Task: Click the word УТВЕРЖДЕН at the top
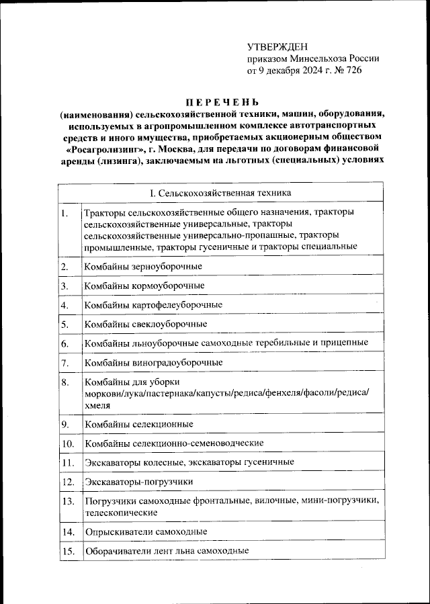[277, 46]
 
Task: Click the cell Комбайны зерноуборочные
[143, 267]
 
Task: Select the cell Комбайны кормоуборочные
[144, 286]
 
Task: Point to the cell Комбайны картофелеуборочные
[153, 305]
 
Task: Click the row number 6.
[64, 344]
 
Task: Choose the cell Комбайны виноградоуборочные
[153, 363]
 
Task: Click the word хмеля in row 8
[97, 405]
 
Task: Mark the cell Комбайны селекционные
[138, 425]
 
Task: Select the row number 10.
[67, 443]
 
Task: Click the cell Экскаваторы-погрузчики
[138, 482]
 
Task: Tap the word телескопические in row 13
[121, 512]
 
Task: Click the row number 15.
[67, 551]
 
